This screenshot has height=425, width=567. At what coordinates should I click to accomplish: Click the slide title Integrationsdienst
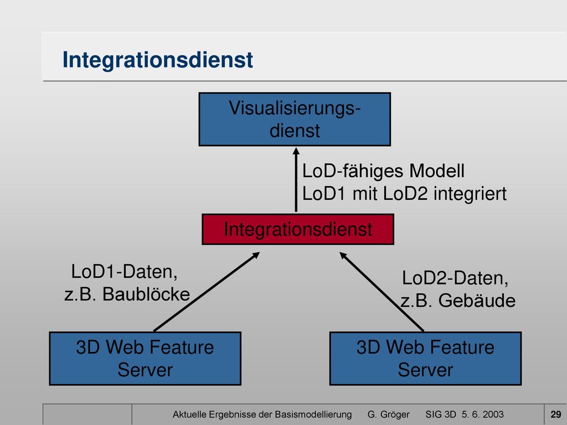click(158, 60)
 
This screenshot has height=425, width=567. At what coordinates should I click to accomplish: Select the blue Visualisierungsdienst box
click(295, 120)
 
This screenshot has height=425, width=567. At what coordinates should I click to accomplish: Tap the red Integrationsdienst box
click(298, 229)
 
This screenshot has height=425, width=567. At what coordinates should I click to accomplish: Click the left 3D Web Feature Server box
click(145, 359)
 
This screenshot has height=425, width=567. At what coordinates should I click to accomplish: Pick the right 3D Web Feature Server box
click(425, 359)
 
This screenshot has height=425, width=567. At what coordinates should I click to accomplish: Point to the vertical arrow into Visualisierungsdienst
click(296, 180)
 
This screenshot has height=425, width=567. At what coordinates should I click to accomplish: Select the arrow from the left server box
click(207, 291)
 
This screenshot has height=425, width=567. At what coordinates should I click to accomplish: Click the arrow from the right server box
click(382, 291)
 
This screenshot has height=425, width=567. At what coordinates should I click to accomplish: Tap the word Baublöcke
click(146, 294)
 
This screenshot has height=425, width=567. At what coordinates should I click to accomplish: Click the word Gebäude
click(477, 300)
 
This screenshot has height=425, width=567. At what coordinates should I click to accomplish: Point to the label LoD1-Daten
click(125, 272)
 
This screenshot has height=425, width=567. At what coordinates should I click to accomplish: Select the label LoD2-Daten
click(455, 278)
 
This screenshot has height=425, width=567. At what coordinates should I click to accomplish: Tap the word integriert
click(470, 194)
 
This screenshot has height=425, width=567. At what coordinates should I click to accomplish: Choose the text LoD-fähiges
click(353, 172)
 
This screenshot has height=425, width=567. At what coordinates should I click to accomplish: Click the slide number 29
click(556, 414)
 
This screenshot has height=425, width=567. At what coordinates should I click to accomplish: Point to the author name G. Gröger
click(388, 414)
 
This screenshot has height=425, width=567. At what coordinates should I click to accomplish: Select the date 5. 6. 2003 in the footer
click(482, 414)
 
